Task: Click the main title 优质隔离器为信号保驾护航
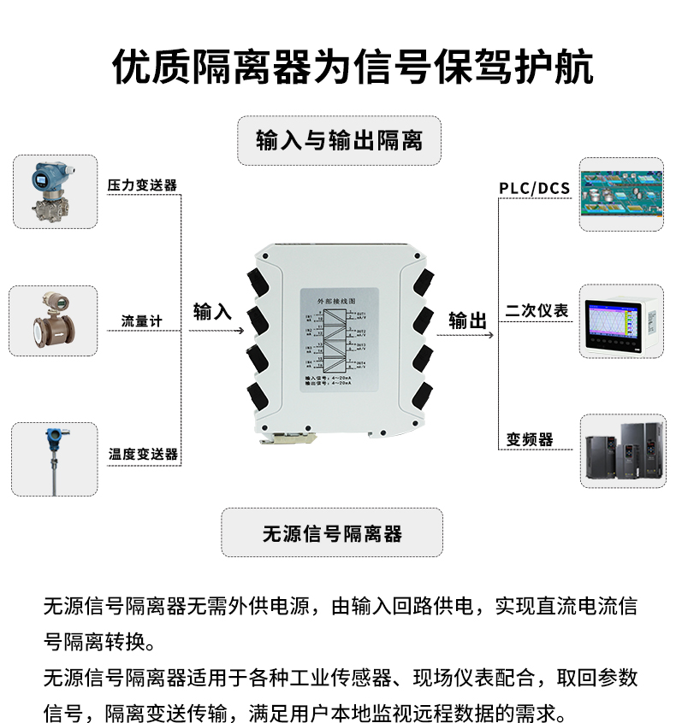(353, 68)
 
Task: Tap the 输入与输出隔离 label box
(339, 140)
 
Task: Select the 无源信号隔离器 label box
(332, 533)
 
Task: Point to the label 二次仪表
(537, 311)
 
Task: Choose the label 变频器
(529, 440)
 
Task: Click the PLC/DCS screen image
(621, 194)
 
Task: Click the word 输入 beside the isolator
(212, 312)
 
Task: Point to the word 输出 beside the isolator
(468, 320)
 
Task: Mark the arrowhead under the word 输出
(491, 335)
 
